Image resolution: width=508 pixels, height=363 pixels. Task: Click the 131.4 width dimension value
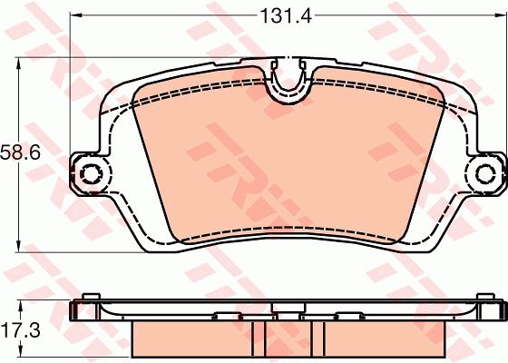click(x=286, y=15)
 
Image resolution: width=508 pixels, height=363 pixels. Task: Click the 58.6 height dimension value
click(x=20, y=152)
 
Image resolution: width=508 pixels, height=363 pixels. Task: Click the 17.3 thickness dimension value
click(x=21, y=330)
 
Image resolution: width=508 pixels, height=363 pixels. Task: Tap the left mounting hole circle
click(x=91, y=173)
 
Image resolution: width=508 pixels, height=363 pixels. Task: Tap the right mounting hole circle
click(x=485, y=173)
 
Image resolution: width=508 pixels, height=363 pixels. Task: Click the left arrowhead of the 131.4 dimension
click(x=76, y=15)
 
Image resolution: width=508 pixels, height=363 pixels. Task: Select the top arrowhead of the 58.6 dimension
click(x=18, y=64)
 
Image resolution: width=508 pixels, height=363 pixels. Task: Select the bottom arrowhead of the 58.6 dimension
click(x=18, y=246)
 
